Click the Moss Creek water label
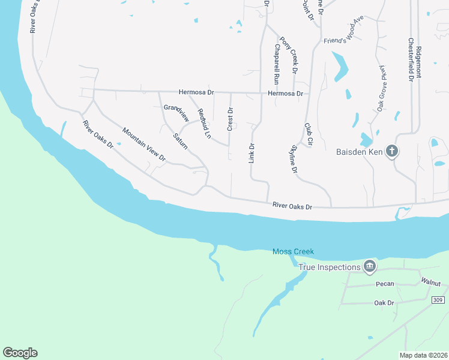[293, 252]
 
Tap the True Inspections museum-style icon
[370, 266]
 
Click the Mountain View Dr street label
[143, 144]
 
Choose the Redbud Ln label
[205, 124]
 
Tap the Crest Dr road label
[230, 119]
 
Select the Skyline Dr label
[294, 159]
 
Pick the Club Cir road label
[309, 135]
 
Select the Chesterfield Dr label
[411, 59]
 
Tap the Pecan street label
[385, 284]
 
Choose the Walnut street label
[430, 282]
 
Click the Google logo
[20, 353]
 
